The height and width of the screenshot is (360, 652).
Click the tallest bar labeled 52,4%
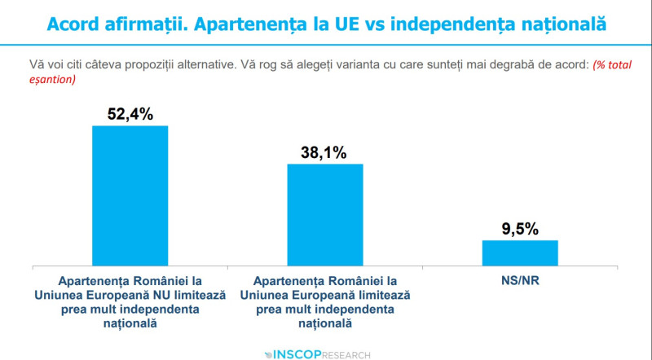click(x=130, y=195)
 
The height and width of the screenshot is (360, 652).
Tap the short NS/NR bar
click(x=520, y=252)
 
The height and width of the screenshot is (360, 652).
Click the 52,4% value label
click(x=130, y=114)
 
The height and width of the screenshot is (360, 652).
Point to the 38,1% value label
click(x=325, y=152)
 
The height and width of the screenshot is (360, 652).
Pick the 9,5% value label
click(x=520, y=229)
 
